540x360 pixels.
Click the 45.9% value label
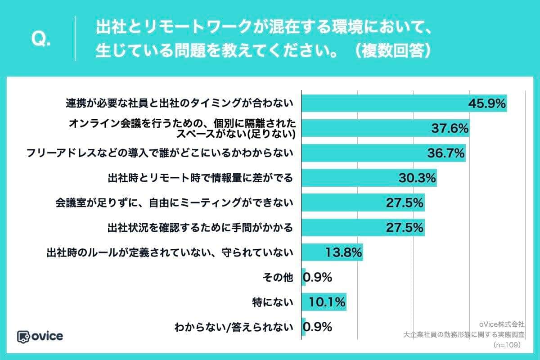pyautogui.click(x=487, y=104)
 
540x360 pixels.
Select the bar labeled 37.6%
pyautogui.click(x=385, y=129)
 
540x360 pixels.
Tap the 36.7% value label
pyautogui.click(x=445, y=153)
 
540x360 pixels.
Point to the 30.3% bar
pyautogui.click(x=369, y=178)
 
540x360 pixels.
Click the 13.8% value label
pyautogui.click(x=343, y=252)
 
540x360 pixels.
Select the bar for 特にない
pyautogui.click(x=324, y=302)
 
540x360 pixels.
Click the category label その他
pyautogui.click(x=278, y=278)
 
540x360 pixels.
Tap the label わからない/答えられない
pyautogui.click(x=234, y=327)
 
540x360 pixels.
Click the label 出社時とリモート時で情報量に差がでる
pyautogui.click(x=200, y=178)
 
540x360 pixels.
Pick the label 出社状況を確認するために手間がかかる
pyautogui.click(x=200, y=228)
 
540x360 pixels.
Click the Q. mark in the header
pyautogui.click(x=41, y=40)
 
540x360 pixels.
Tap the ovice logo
pyautogui.click(x=40, y=336)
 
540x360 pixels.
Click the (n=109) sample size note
pyautogui.click(x=507, y=345)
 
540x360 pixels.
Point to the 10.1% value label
pyautogui.click(x=327, y=302)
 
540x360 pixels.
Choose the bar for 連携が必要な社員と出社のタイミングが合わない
pyautogui.click(x=404, y=104)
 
